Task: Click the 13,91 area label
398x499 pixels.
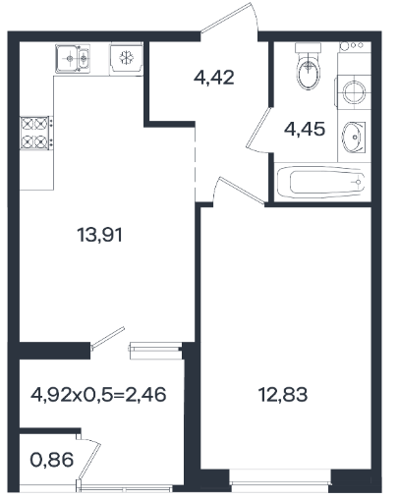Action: [99, 235]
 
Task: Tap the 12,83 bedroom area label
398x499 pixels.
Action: [283, 394]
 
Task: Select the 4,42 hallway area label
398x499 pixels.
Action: [214, 78]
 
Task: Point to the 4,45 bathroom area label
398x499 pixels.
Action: [305, 129]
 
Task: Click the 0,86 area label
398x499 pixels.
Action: [52, 460]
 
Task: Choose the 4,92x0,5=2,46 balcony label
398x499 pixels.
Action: [98, 394]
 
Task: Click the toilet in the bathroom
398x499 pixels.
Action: [309, 67]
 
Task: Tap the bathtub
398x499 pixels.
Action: [320, 182]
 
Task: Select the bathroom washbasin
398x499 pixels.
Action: [354, 138]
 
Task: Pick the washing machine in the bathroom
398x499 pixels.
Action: [353, 92]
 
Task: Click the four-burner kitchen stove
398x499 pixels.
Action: [36, 133]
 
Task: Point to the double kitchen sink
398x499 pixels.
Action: [73, 59]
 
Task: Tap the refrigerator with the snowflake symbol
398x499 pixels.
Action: [126, 58]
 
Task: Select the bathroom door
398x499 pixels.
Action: [259, 130]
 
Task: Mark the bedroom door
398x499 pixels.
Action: [241, 190]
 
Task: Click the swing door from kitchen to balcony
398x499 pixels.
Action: [108, 338]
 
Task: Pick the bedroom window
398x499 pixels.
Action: [280, 481]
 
